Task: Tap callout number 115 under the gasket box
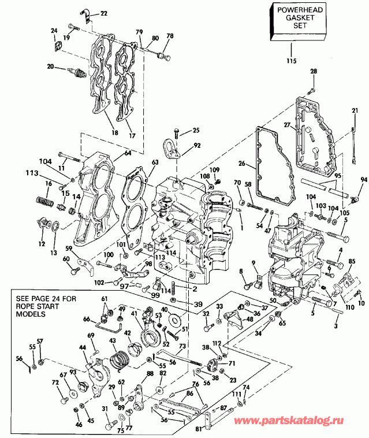coord(291,61)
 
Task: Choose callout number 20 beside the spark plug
coord(51,67)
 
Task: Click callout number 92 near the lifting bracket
coord(197,146)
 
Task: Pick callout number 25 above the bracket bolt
coord(196,130)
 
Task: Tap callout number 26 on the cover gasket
coord(242,164)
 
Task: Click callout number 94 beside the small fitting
coord(363,180)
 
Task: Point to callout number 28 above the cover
coord(314,71)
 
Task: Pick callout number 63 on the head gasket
coord(154,164)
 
